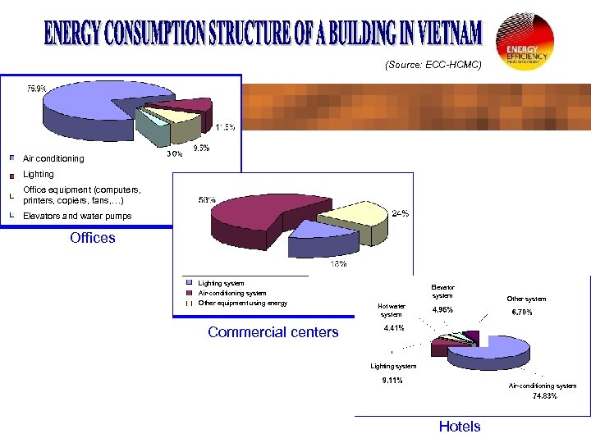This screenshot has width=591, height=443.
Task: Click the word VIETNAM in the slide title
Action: [441, 35]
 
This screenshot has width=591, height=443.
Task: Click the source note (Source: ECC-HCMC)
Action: [433, 63]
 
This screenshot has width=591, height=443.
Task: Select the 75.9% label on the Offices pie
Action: [36, 88]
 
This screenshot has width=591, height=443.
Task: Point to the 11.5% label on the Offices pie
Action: [226, 127]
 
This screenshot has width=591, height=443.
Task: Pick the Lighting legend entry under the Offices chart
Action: [39, 174]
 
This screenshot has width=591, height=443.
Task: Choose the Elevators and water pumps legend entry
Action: [77, 217]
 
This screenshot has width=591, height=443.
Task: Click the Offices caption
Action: [93, 238]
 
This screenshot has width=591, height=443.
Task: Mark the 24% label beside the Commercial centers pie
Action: [400, 213]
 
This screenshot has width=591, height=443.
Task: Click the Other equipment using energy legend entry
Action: [243, 303]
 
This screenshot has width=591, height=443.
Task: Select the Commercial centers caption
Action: [273, 332]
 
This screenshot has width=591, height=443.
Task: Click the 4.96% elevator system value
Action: [442, 310]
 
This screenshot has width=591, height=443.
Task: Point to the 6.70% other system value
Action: [521, 313]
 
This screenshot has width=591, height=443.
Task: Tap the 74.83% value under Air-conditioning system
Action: [543, 395]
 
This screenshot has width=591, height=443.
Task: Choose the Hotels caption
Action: [460, 427]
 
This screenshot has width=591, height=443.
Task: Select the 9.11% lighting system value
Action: [392, 380]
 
